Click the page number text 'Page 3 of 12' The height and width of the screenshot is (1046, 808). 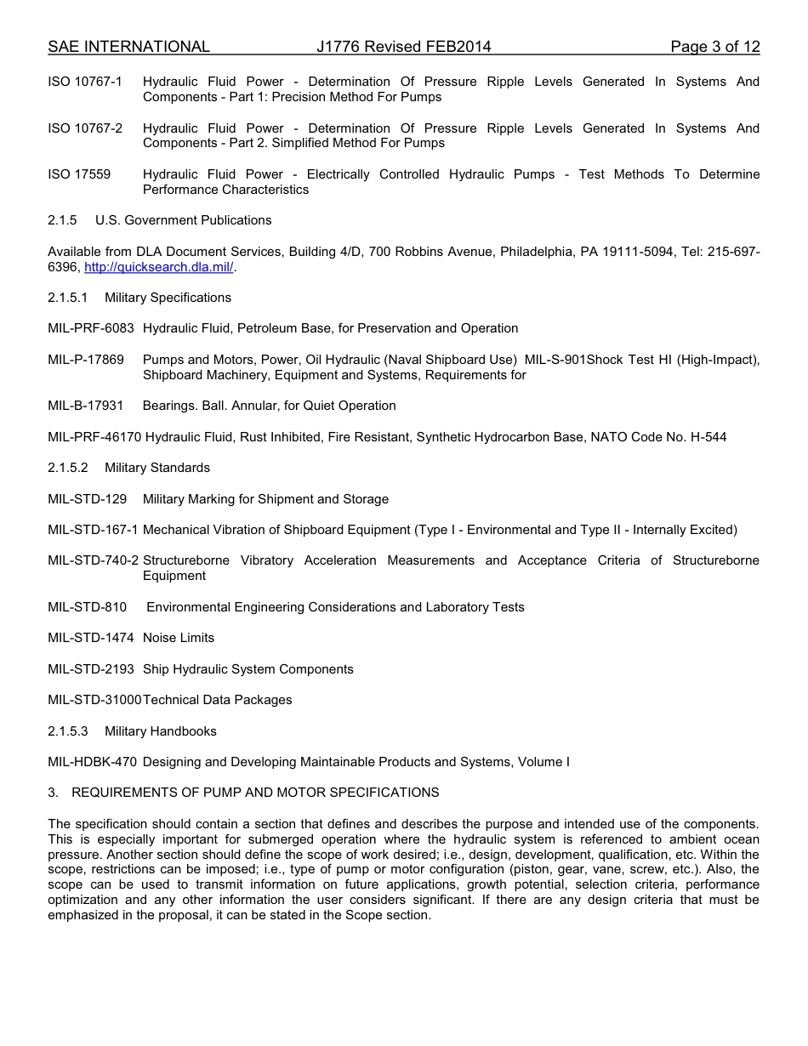click(714, 47)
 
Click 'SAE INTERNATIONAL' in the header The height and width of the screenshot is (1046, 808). click(128, 47)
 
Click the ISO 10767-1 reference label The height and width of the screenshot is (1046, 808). click(85, 82)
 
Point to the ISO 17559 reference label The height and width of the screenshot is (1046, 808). click(79, 174)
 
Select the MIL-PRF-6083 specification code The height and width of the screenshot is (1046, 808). click(91, 328)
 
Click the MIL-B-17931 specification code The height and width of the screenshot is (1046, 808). click(86, 406)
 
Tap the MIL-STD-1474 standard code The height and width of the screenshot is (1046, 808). click(91, 638)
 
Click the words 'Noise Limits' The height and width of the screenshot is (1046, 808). click(179, 638)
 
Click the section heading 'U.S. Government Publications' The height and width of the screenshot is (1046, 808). click(184, 220)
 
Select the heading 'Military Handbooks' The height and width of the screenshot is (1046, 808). click(161, 731)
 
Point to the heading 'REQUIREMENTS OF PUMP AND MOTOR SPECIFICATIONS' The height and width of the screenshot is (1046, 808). click(255, 793)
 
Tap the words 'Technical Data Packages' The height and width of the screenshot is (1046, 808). click(218, 700)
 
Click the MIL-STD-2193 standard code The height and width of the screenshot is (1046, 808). click(91, 669)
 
